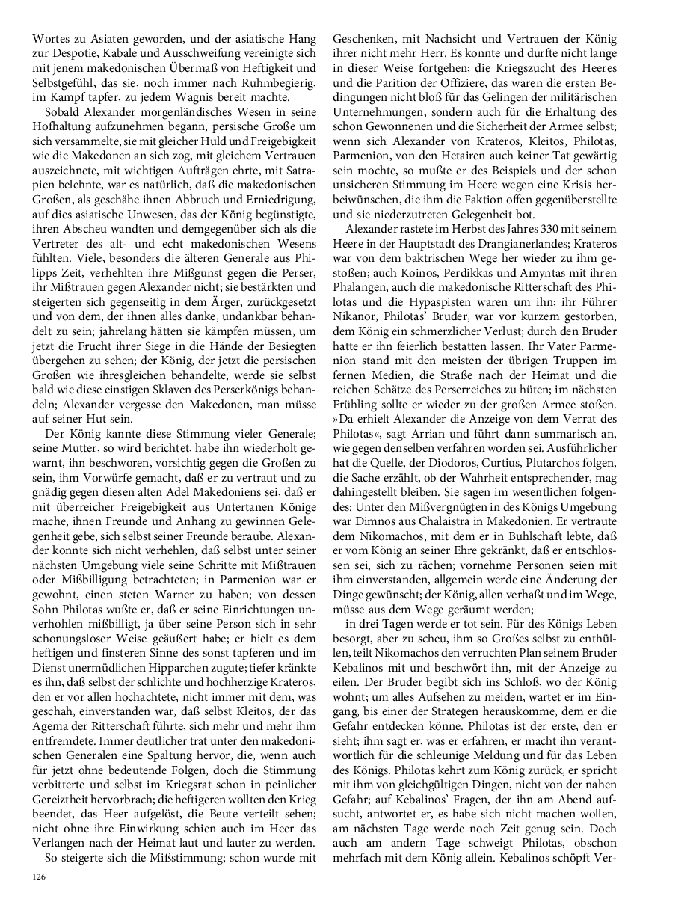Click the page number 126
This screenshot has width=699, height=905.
[38, 877]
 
